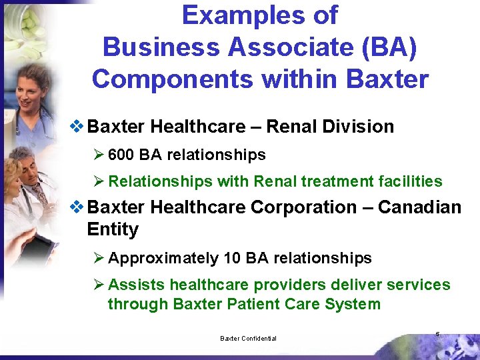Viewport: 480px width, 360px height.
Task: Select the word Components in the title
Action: click(x=173, y=79)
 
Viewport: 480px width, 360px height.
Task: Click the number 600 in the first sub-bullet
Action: click(x=121, y=155)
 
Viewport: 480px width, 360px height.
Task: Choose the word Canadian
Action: click(x=419, y=207)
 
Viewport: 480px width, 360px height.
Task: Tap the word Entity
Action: click(x=113, y=229)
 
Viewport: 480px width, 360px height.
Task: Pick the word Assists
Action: click(x=137, y=285)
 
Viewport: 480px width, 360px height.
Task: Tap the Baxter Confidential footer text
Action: click(x=248, y=339)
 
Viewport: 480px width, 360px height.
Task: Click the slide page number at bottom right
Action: click(x=437, y=333)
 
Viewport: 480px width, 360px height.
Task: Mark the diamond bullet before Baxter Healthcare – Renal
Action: click(x=78, y=127)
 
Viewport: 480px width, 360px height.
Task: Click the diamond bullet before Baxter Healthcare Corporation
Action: click(x=78, y=207)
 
